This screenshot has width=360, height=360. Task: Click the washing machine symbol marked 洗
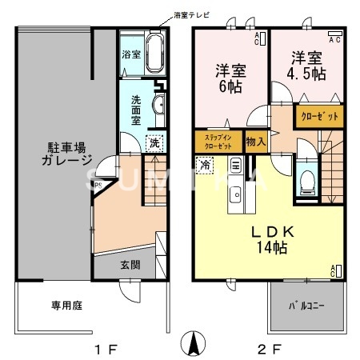(153, 142)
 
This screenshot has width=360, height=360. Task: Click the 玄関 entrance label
(131, 264)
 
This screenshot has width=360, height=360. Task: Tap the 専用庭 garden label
(46, 305)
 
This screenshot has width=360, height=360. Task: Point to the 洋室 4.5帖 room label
(307, 66)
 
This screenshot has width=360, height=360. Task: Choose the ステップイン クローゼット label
(218, 142)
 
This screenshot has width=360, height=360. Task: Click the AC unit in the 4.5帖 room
(336, 39)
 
